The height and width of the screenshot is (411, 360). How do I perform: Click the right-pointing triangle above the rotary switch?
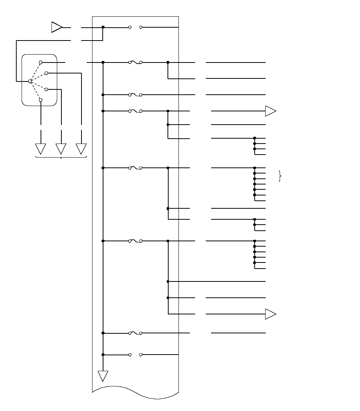coord(57,27)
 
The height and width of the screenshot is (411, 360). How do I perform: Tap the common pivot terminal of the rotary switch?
coord(30,81)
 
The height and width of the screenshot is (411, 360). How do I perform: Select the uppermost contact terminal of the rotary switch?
coord(41,62)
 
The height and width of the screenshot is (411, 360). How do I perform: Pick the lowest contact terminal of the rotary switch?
coord(41,100)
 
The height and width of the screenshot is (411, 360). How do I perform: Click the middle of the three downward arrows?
coord(61,148)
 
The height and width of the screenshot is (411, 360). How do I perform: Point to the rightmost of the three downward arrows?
coord(81,148)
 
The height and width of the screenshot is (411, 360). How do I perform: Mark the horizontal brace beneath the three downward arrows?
coord(61,156)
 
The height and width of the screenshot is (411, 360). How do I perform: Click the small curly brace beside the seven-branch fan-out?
coord(280,176)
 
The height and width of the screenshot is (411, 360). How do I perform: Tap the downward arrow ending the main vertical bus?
coord(103,376)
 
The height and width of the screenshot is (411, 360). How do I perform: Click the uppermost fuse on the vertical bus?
coord(135,62)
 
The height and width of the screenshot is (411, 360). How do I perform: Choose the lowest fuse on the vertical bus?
coord(135,333)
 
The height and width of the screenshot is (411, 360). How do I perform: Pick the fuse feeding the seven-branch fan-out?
coord(135,168)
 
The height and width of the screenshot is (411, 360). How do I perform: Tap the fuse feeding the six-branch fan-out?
coord(135,241)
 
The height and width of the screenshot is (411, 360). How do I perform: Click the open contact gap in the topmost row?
coord(135,27)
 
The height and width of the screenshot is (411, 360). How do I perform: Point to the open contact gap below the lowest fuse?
coord(135,355)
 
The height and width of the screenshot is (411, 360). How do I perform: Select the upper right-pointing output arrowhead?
coord(271,111)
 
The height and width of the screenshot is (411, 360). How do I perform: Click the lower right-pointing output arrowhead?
coord(271,314)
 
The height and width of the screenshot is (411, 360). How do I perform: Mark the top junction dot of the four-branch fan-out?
coord(255,138)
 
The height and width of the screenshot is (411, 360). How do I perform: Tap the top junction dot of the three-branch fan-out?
coord(255,219)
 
